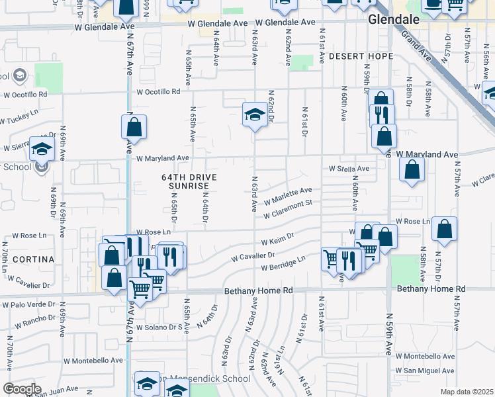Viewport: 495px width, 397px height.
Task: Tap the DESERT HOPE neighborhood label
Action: point(361,56)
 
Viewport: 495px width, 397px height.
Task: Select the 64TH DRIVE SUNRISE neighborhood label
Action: point(189,182)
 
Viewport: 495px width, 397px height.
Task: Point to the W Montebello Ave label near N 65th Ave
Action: point(93,361)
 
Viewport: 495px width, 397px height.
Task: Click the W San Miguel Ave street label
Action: point(425,371)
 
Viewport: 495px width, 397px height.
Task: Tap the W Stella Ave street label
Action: point(349,168)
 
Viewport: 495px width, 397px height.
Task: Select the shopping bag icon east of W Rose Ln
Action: point(444,230)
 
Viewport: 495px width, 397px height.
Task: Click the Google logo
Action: point(22,388)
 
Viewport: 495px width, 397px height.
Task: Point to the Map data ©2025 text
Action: point(467,392)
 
